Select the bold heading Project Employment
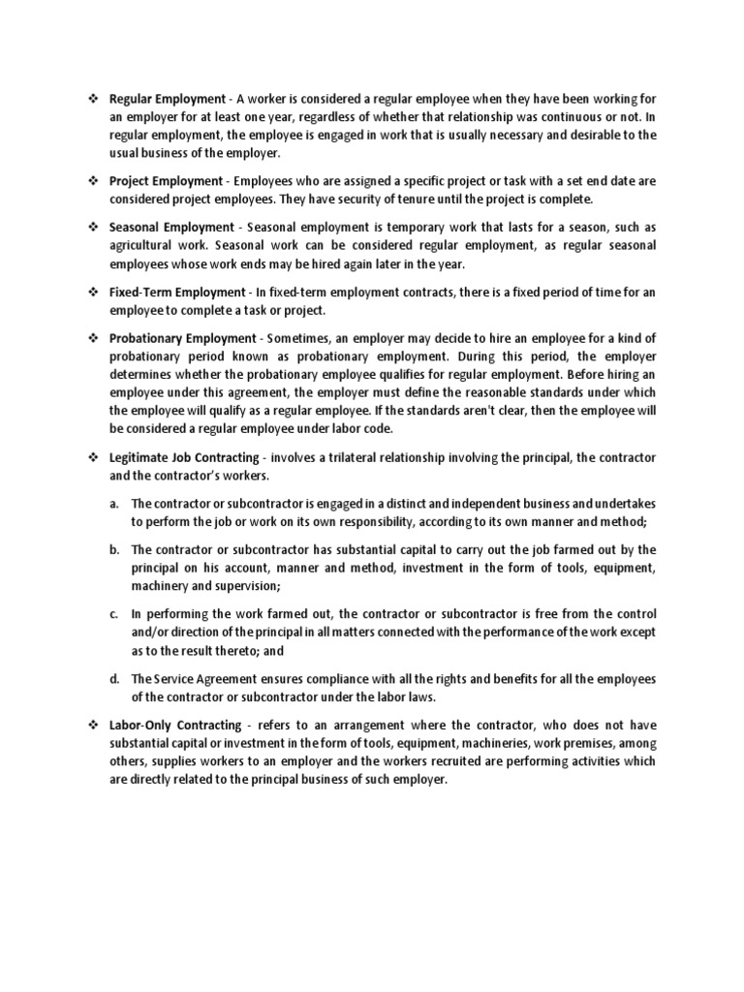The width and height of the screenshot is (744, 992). pyautogui.click(x=165, y=180)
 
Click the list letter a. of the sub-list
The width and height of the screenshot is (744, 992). pyautogui.click(x=113, y=504)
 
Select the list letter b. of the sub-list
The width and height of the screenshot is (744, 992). pyautogui.click(x=113, y=549)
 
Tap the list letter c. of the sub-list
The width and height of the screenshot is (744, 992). pyautogui.click(x=113, y=614)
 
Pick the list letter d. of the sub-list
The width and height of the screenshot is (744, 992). pyautogui.click(x=113, y=678)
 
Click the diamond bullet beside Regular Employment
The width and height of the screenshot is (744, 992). pyautogui.click(x=93, y=99)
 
